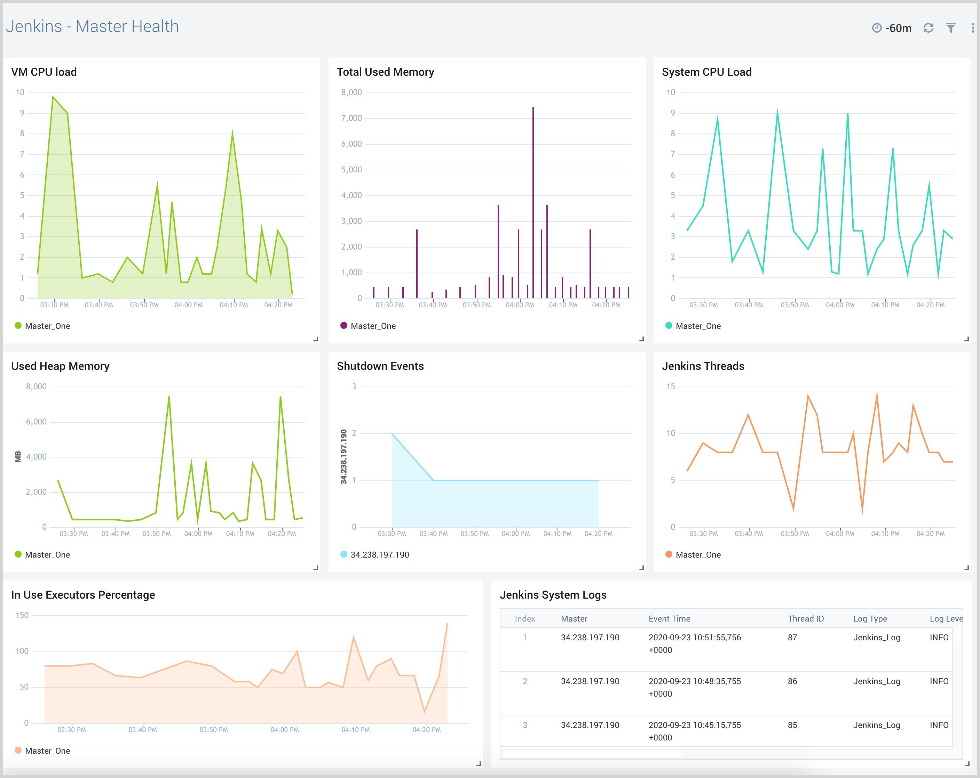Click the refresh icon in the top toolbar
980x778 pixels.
[928, 28]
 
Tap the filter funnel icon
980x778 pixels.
[950, 28]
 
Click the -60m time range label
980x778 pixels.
[898, 28]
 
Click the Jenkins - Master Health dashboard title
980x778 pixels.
[92, 26]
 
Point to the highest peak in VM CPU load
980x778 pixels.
[53, 97]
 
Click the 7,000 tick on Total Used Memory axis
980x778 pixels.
[351, 119]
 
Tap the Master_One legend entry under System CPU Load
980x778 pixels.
[698, 326]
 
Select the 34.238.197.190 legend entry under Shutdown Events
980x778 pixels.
[380, 554]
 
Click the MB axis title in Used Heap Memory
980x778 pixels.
[18, 457]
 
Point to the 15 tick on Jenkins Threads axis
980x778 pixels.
[671, 387]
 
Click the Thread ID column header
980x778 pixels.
[805, 618]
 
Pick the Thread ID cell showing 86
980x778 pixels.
[792, 681]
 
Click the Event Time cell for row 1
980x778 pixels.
[695, 643]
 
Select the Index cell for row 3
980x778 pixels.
[525, 725]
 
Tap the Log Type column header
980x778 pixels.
[870, 618]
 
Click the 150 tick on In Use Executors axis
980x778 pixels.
[22, 615]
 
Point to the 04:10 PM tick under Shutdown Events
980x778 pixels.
[557, 534]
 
